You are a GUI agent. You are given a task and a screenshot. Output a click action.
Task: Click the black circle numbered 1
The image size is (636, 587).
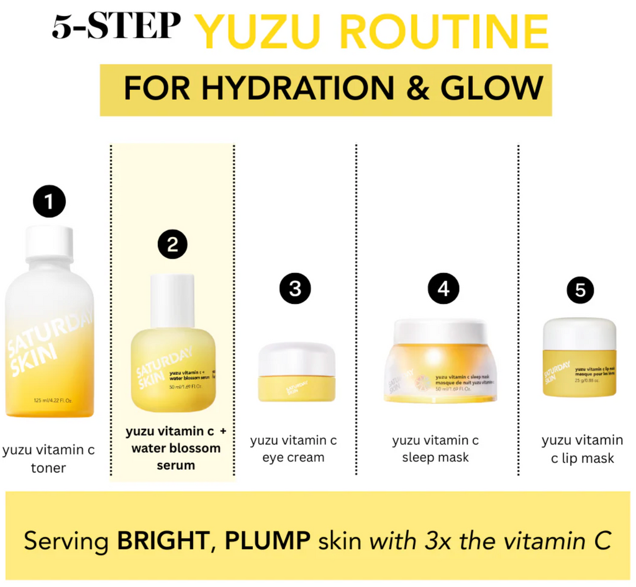coord(49,202)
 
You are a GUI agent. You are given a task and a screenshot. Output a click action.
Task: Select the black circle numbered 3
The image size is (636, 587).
coord(295,289)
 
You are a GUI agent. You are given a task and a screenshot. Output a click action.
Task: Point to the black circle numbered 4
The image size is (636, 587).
coord(443,289)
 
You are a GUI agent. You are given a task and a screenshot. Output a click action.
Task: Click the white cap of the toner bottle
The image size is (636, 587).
coord(49,243)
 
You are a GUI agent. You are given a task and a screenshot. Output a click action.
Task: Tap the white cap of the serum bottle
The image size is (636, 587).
coord(172,300)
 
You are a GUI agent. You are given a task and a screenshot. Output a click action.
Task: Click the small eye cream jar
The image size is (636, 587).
coord(297,372)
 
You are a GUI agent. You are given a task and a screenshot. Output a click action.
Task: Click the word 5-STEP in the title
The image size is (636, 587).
coord(116,28)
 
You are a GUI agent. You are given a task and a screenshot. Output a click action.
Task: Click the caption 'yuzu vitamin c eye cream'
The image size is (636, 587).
coord(293,449)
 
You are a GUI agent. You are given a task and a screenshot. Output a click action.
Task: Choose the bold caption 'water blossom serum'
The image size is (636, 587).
coord(176,456)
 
